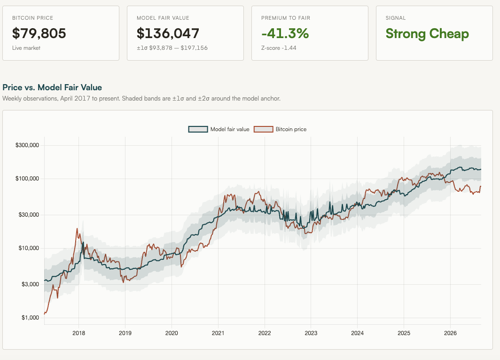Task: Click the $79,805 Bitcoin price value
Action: (39, 33)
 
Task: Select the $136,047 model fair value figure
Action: (168, 33)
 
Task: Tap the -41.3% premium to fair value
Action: (285, 33)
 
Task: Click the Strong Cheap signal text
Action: (427, 34)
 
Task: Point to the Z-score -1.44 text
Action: (279, 48)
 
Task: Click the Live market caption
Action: (26, 48)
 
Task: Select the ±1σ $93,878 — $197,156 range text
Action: (172, 48)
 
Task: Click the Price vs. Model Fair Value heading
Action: (52, 87)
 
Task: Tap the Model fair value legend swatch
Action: (198, 129)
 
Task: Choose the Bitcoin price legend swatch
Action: (263, 129)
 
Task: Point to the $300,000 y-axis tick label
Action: (27, 145)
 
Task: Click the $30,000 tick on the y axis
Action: (29, 215)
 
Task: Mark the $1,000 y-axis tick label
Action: (30, 318)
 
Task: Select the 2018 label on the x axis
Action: (79, 333)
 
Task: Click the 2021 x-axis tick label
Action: (218, 333)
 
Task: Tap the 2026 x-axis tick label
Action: (450, 333)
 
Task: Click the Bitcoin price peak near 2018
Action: (77, 228)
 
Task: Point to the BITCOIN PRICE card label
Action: (32, 18)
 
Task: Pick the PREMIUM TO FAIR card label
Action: (286, 18)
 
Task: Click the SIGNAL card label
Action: (396, 18)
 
